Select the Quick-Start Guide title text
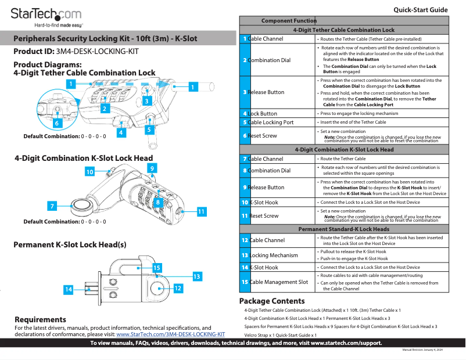pos(420,10)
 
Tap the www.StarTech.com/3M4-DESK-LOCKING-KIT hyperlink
pos(170,334)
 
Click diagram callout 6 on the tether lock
pos(56,123)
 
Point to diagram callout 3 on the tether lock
pos(146,101)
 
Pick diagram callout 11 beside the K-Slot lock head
pos(201,212)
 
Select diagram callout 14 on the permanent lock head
pos(69,289)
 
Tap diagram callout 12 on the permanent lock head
pos(178,288)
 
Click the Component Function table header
pos(289,21)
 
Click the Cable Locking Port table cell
pos(271,123)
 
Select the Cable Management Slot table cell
pos(279,282)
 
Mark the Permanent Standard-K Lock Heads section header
pos(344,229)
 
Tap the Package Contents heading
pos(272,301)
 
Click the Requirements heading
pos(40,320)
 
